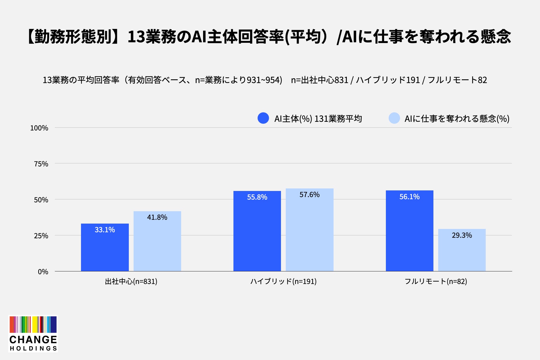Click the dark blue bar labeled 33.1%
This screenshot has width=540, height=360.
point(105,247)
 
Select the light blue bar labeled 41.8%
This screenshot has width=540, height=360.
point(157,241)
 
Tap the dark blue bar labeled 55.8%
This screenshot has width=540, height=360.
point(257,231)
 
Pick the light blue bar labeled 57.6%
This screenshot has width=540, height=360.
point(310,230)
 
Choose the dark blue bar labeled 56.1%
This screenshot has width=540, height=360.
point(409,231)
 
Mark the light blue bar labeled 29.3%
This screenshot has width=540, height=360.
point(462,250)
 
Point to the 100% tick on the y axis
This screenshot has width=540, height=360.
point(39,128)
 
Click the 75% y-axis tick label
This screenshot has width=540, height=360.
point(41,164)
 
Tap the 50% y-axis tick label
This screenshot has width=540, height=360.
point(41,200)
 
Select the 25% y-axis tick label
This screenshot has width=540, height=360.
point(41,236)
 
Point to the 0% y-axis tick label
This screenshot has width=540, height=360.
point(43,272)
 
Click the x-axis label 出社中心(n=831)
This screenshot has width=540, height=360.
point(131,282)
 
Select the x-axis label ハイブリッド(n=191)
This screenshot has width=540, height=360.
point(283,282)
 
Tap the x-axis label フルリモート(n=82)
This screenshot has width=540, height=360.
point(436,282)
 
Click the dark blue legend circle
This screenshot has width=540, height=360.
point(263,118)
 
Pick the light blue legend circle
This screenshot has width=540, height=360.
point(394,118)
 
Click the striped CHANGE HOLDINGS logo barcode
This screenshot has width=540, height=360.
point(33,325)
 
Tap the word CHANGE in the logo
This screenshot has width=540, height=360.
point(33,339)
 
